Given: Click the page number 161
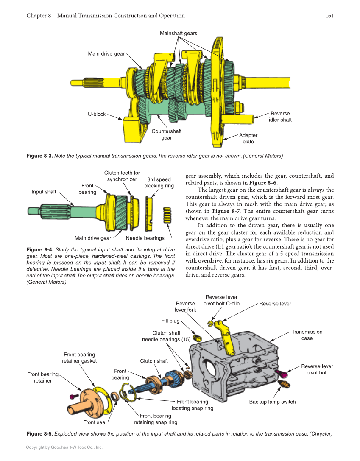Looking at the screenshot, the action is point(329,16).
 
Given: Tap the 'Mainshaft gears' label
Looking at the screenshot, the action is point(178,33).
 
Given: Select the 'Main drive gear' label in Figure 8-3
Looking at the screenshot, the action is point(106,54).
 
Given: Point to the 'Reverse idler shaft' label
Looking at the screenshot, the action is point(280,117).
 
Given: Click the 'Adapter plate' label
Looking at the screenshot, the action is point(248,138).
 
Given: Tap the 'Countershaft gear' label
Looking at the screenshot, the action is point(166,134).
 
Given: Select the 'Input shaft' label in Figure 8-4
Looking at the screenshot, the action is point(44,192).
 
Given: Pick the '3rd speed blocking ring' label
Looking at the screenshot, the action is point(159,183).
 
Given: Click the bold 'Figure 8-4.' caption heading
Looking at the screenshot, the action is point(40,249).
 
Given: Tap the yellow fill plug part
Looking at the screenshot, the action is point(197,338).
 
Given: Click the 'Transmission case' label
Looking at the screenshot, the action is point(307,335).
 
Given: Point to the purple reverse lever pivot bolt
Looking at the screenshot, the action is point(281,373).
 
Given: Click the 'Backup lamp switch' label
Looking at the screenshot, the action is point(272,402).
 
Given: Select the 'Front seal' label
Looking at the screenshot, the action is point(95,422).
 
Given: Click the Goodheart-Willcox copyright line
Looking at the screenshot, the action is point(64,447).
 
